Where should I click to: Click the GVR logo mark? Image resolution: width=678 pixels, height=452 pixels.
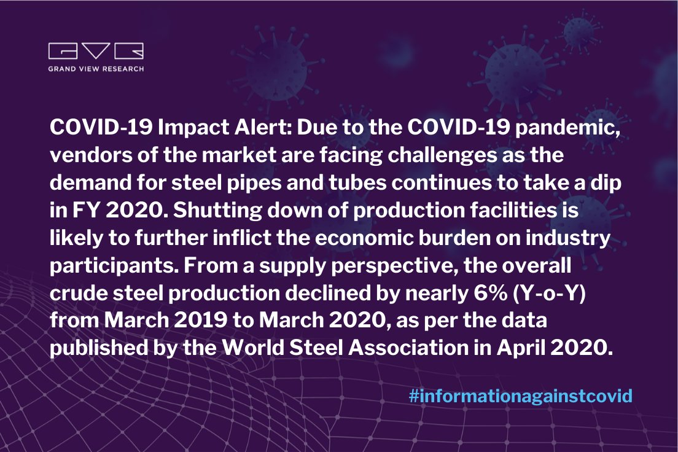tap(95, 52)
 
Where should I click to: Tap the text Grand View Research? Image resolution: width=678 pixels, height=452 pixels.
tap(96, 69)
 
